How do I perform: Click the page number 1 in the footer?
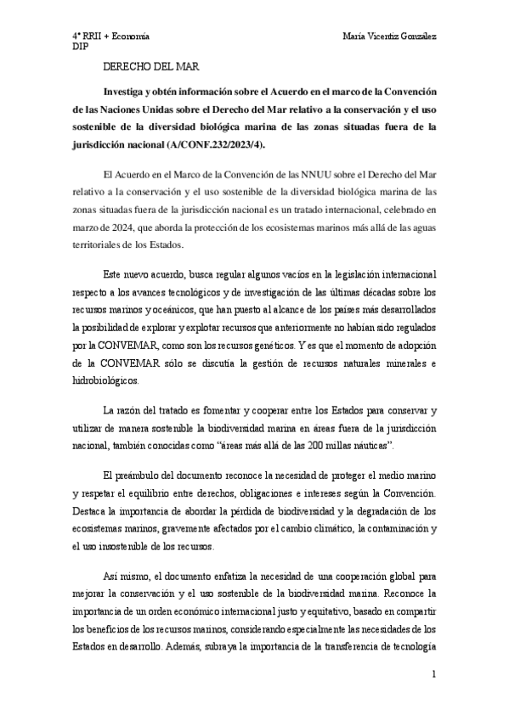pyautogui.click(x=433, y=676)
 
